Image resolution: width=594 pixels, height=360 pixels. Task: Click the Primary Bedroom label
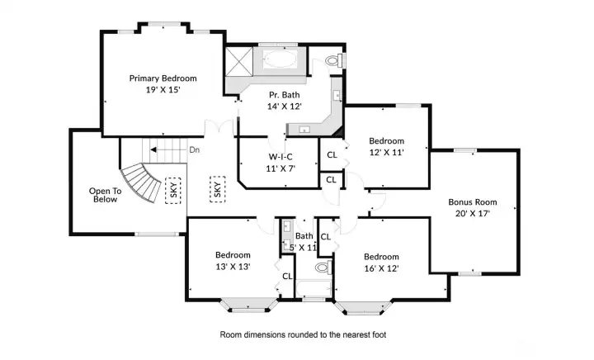point(163,78)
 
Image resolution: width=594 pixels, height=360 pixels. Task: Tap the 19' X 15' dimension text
point(163,90)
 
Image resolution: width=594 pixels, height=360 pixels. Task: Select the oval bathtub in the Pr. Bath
point(280,59)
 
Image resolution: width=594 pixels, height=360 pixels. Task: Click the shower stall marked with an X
point(239,61)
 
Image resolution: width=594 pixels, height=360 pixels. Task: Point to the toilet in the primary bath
point(335,60)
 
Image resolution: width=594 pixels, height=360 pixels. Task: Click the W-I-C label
point(280,157)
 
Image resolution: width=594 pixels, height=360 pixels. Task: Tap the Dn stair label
point(195,150)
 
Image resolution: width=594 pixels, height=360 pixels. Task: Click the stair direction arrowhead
point(153,150)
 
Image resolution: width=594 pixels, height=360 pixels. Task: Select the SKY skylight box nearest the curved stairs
point(173,191)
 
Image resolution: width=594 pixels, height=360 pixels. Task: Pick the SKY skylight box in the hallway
point(218,189)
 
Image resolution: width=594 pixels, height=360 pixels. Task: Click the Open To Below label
point(105,195)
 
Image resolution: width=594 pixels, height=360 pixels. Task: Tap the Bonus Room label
point(473,202)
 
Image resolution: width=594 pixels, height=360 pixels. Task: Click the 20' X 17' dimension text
point(473,213)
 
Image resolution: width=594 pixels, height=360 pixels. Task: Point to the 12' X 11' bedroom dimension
point(386,152)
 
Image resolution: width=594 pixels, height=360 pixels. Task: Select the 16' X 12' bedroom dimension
point(381,268)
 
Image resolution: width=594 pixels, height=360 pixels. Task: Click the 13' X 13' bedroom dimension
point(233,267)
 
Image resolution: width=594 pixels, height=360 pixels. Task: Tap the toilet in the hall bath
point(323,268)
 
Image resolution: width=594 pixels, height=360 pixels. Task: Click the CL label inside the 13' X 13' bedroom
point(287,277)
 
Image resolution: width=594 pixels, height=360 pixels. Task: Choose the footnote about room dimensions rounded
point(303,334)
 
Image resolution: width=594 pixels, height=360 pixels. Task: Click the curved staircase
point(141,182)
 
